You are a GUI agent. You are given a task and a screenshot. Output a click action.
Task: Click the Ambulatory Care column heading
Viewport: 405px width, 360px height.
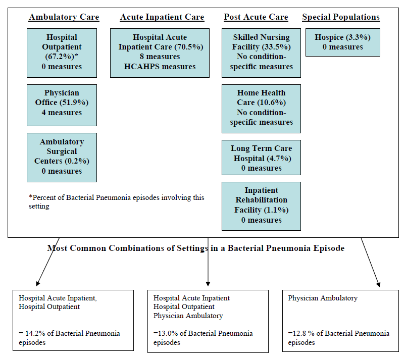tap(64, 17)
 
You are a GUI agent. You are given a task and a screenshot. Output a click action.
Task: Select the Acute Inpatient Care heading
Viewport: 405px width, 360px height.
tap(162, 17)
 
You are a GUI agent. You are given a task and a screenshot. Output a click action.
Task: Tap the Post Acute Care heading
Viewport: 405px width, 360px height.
tap(256, 17)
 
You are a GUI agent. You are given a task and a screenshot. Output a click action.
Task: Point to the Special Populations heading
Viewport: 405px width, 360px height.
tap(341, 17)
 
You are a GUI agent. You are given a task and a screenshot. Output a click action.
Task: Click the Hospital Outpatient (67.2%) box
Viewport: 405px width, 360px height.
tap(62, 53)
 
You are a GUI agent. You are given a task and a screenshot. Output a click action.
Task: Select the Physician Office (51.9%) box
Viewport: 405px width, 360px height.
tap(62, 103)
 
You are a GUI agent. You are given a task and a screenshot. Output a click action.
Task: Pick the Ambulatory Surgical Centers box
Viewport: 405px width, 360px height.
tap(62, 157)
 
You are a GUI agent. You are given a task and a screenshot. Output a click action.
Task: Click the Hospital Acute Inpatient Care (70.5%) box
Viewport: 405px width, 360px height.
tap(160, 53)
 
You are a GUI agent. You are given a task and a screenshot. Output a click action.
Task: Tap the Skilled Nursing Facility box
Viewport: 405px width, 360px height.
tap(261, 53)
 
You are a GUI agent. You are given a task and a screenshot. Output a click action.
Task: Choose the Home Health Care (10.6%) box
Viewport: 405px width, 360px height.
tap(261, 108)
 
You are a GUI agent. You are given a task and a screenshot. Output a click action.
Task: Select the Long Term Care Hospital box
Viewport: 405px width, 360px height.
tap(261, 158)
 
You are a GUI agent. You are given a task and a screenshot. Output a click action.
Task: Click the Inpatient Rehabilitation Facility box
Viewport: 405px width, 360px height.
tap(261, 205)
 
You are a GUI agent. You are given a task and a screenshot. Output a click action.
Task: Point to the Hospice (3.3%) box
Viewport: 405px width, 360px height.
tap(342, 42)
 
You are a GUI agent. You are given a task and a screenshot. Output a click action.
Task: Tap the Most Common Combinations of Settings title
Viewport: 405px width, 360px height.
tap(196, 248)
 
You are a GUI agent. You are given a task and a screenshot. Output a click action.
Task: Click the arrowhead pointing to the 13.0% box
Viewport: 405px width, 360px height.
tap(208, 283)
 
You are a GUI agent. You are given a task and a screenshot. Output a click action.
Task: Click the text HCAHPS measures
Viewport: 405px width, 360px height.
tap(160, 67)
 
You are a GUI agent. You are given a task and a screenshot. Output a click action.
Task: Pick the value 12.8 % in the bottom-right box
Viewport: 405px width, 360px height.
tap(302, 333)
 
